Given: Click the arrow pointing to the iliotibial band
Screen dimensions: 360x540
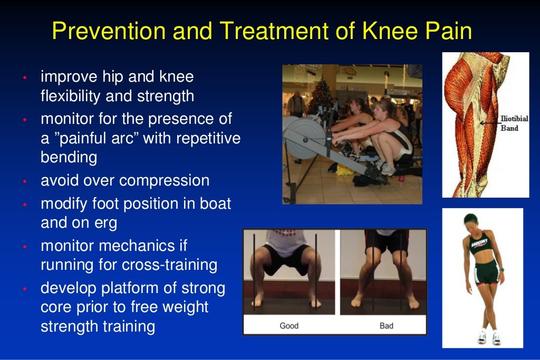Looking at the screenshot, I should click(x=486, y=123).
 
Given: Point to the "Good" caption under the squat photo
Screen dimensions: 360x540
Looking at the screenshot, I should click(x=289, y=326).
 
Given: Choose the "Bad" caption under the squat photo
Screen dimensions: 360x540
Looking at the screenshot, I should click(x=387, y=326).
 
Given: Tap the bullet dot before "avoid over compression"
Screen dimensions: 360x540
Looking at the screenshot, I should click(x=24, y=182).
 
